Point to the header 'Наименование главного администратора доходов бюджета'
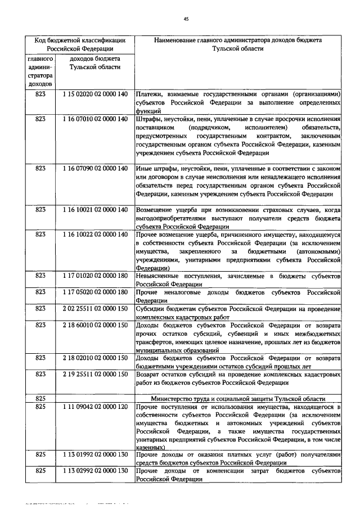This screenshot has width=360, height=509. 238,41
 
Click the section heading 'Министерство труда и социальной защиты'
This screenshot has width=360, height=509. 238,398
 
